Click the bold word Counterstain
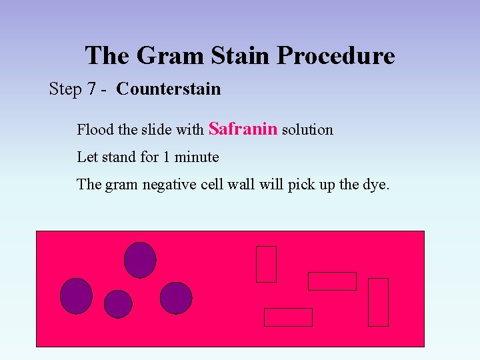point(168,89)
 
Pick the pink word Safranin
point(243,128)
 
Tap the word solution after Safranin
point(307,129)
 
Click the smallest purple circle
point(118,304)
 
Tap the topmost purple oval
point(140,259)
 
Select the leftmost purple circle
point(76,295)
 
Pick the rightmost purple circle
point(176,298)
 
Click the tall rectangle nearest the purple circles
point(266,264)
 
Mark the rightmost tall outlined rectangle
point(378,302)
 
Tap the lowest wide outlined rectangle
point(288,317)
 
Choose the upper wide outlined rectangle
point(332,281)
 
